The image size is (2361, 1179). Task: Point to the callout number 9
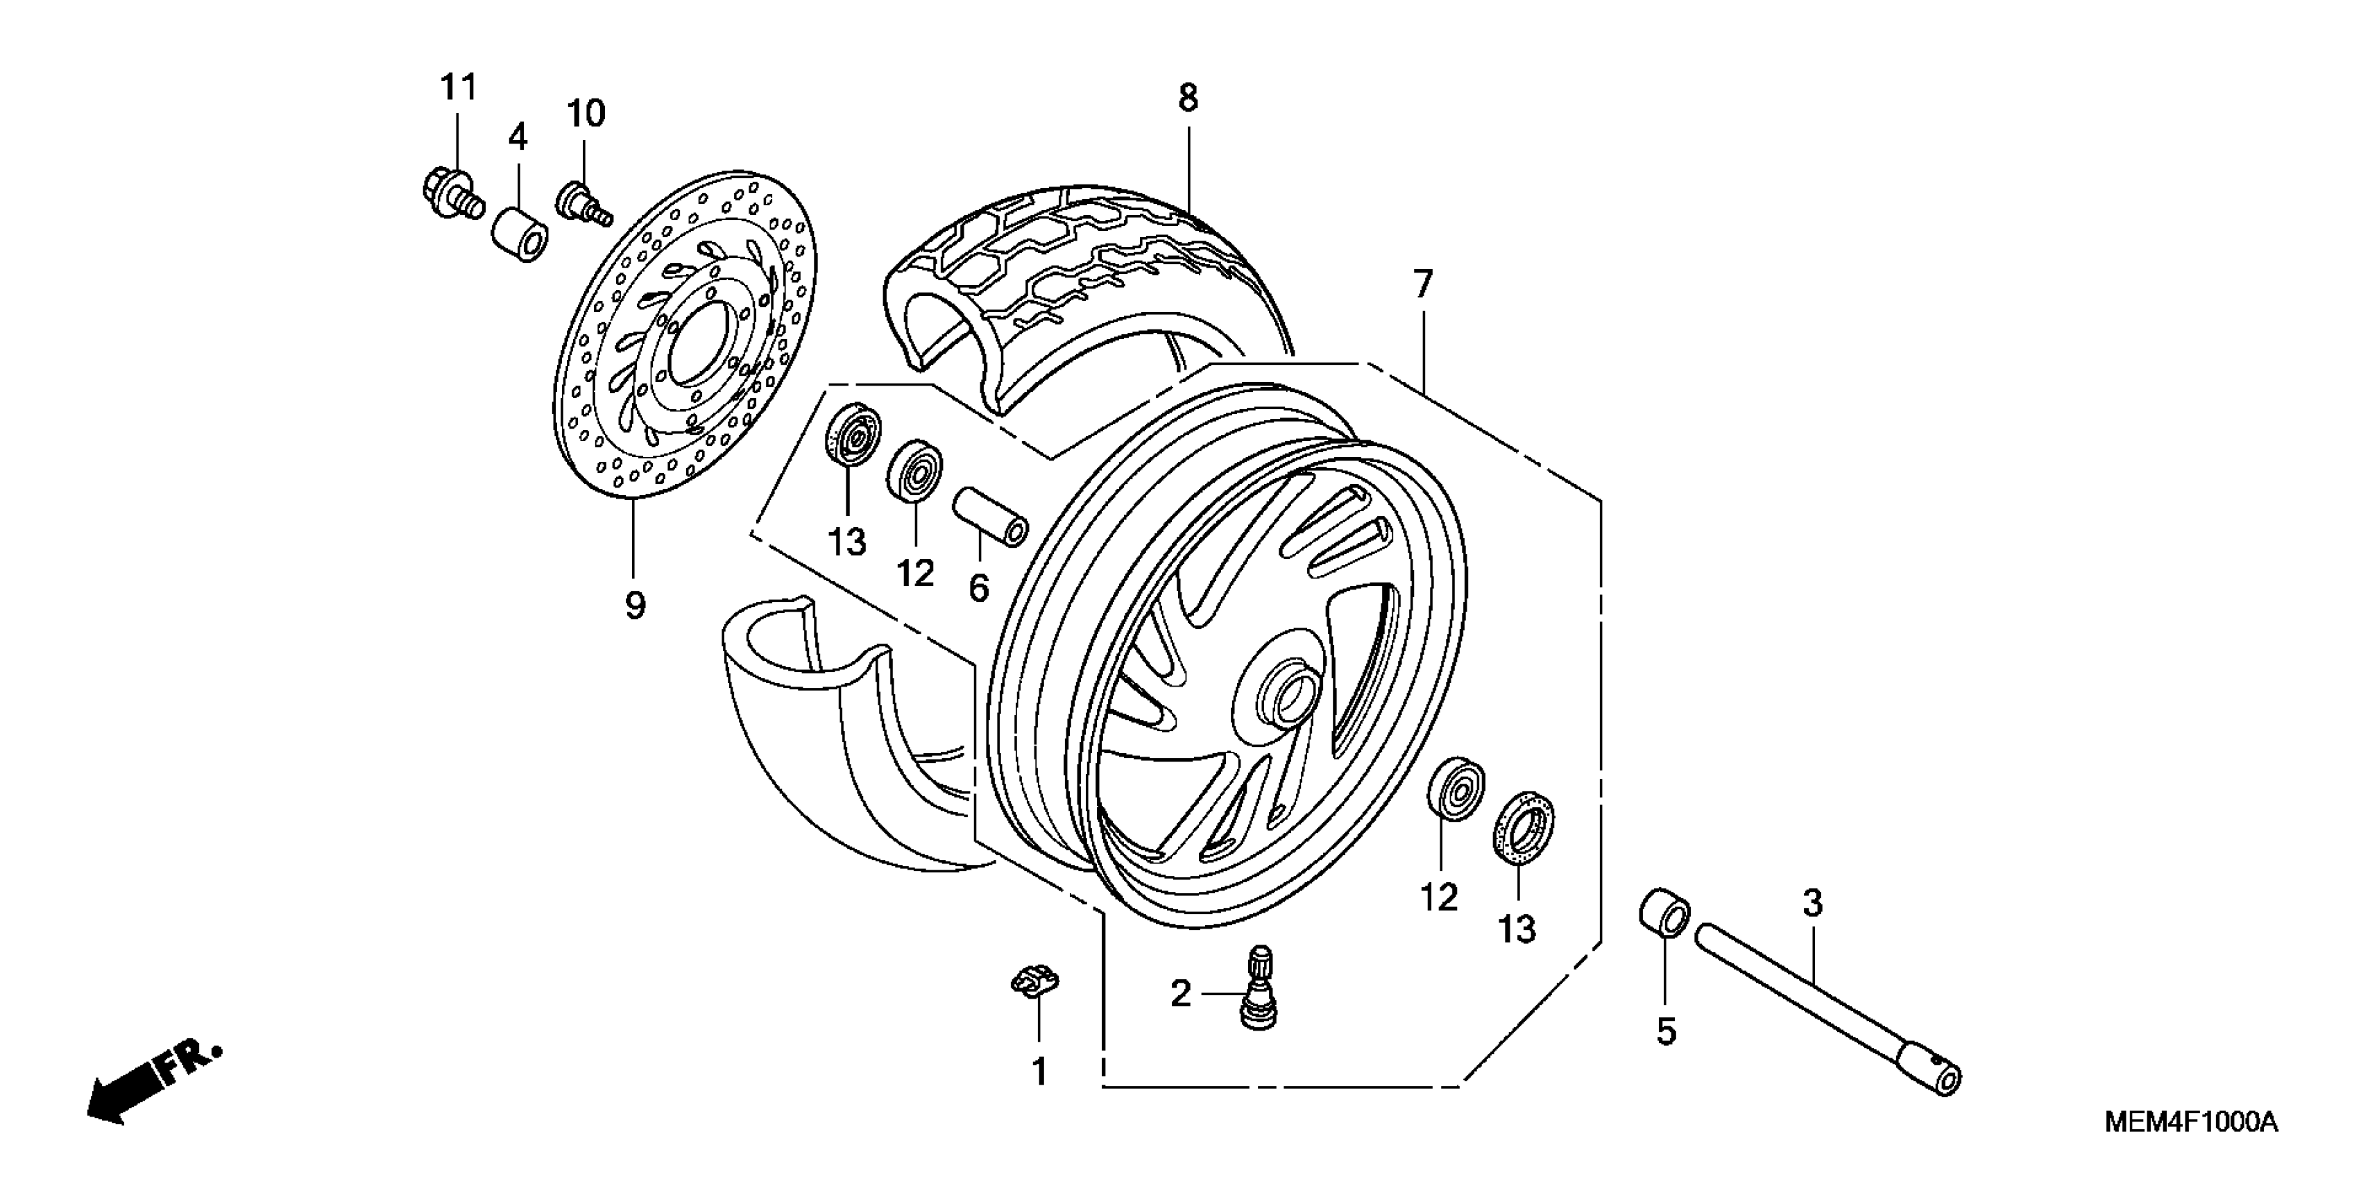634,605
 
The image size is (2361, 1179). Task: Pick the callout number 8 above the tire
1188,97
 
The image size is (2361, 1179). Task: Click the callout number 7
1422,285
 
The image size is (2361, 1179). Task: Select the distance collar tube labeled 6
991,517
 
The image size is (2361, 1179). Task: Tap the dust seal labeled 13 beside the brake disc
853,434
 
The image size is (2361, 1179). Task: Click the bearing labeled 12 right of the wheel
1456,789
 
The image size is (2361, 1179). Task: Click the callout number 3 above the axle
1812,904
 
